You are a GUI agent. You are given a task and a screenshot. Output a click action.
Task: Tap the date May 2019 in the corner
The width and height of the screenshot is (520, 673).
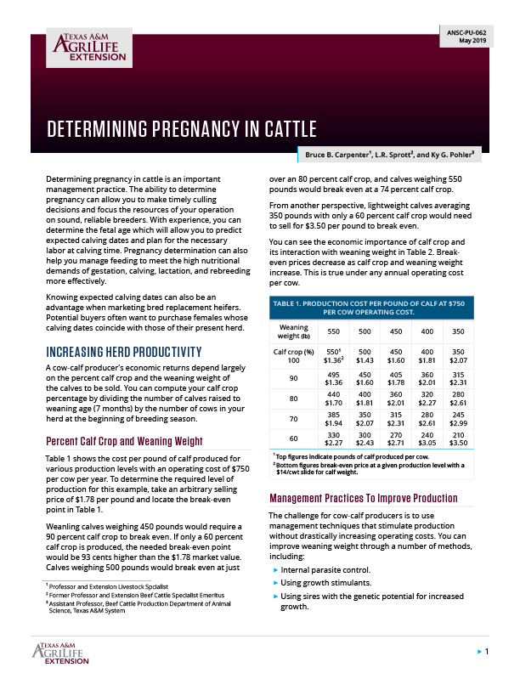472,40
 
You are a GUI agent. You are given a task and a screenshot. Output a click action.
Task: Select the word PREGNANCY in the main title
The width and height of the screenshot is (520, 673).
197,129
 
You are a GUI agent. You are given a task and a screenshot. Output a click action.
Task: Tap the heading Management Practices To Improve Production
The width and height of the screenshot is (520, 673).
364,498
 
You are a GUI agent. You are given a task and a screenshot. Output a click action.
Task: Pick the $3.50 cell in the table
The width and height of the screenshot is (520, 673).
483,467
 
